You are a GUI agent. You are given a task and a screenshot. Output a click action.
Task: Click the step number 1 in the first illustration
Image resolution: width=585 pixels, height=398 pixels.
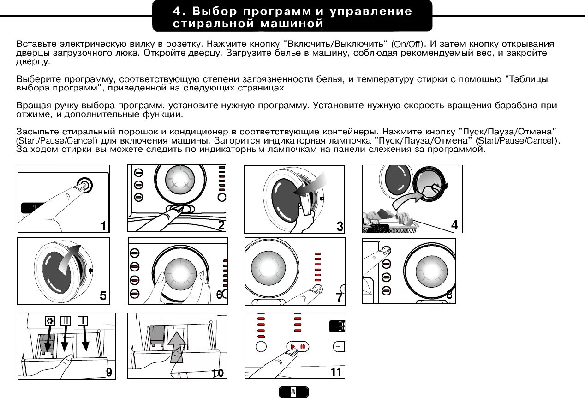[104, 225]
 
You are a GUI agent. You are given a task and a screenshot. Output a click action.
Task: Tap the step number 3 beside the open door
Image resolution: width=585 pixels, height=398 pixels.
[340, 226]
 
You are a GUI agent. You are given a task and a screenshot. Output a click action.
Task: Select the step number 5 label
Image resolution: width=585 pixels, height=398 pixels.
[103, 296]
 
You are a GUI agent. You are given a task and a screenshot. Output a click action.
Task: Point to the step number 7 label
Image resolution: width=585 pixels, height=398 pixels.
[340, 298]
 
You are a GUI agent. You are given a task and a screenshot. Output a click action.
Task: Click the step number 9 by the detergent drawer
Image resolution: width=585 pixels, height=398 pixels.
[110, 372]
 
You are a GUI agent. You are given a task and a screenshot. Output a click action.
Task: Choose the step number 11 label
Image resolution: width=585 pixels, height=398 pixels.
[336, 371]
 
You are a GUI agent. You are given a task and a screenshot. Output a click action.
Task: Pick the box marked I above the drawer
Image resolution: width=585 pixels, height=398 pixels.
[83, 320]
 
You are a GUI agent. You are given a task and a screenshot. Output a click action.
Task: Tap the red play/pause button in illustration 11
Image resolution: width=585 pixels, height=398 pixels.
[296, 346]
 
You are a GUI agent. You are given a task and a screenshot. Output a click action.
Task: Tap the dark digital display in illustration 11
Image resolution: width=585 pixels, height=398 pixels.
[337, 326]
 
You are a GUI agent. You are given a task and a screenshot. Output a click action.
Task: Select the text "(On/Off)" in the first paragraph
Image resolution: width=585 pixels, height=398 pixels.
[407, 44]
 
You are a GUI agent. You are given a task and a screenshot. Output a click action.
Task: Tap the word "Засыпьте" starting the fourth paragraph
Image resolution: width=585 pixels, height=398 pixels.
[36, 132]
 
